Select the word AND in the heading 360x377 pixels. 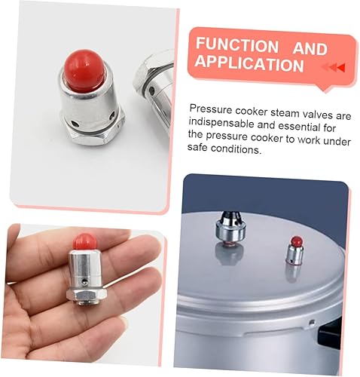tap(310, 48)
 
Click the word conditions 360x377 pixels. tap(238, 150)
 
